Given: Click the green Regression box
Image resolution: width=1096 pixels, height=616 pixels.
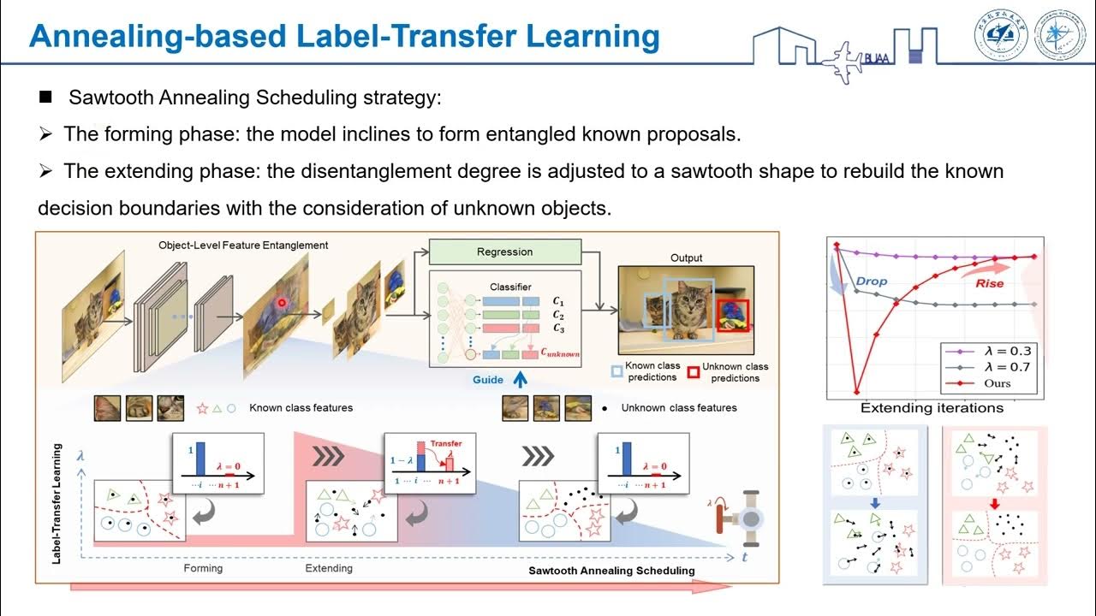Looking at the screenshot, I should pos(504,252).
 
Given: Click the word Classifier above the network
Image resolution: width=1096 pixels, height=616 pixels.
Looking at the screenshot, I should pos(511,287).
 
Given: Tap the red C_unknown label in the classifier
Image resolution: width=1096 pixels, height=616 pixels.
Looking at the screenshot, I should pos(560,352).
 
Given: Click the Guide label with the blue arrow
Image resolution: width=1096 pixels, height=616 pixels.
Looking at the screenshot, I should pos(489,380).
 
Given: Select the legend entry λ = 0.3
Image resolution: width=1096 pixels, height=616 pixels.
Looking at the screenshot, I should pos(994,351).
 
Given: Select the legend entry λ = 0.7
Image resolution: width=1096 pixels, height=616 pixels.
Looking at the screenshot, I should pos(994,367).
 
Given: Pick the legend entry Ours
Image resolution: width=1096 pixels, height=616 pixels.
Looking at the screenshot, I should pos(985,383).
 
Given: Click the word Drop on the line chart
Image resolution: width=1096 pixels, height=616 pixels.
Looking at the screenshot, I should pos(872,281).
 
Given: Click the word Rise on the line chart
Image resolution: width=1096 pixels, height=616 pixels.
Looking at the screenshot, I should pos(989,282).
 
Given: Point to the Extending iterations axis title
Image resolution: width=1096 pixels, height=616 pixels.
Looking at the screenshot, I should pos(932,408).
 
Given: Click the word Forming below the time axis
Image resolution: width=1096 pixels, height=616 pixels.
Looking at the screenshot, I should pos(203,568).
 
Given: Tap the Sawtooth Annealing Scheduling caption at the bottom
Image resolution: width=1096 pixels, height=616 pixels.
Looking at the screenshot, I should pos(611,570).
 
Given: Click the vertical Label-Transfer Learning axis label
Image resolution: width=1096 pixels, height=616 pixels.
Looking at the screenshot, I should pos(56,504).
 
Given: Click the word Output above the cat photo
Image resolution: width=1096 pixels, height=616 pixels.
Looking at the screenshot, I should pos(686,258).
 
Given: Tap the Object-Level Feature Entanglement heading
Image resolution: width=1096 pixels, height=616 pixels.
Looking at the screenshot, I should pos(243,245).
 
